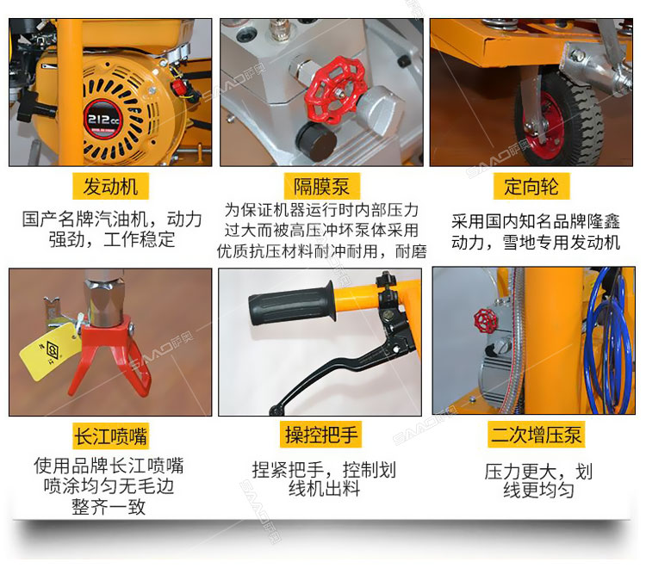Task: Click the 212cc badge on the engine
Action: point(102,120)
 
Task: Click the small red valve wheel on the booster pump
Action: point(485,322)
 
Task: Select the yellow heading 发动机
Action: point(110,186)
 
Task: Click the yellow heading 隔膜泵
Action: point(321,187)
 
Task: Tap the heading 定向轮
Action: point(531,187)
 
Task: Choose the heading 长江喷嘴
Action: point(110,435)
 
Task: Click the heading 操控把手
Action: point(321,435)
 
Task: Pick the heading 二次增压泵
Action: point(536,435)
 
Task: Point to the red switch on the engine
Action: point(178,87)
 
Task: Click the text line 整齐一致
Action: point(109,507)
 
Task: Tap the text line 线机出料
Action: point(324,489)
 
